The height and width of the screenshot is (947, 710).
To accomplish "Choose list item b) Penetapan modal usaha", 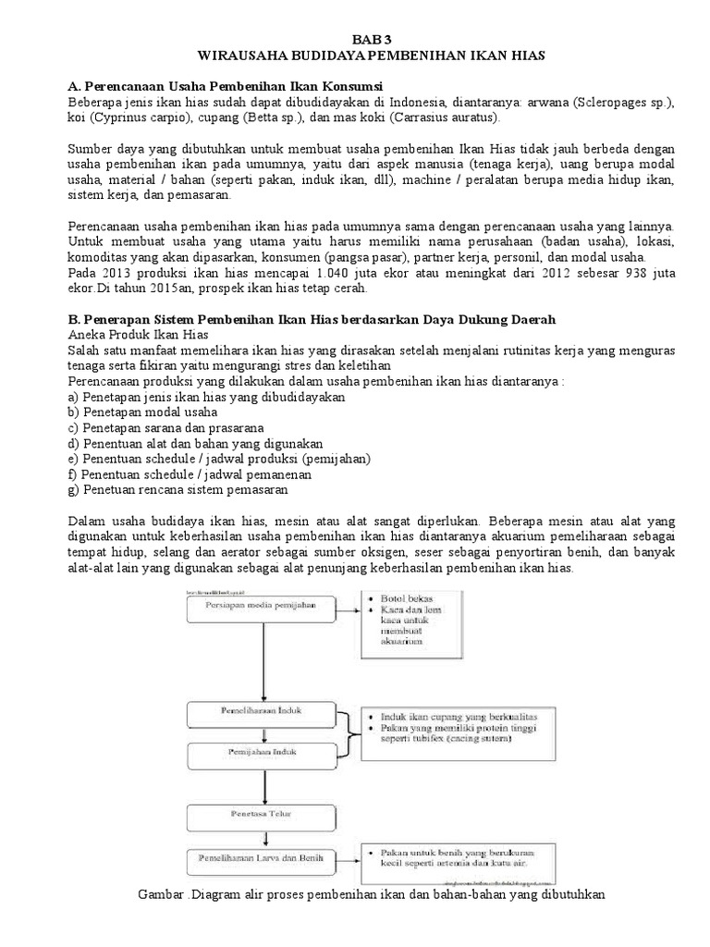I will [142, 412].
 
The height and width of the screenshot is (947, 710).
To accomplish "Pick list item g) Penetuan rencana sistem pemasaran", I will [177, 489].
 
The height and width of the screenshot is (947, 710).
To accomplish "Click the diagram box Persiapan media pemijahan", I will [263, 606].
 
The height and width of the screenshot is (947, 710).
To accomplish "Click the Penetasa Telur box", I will [263, 817].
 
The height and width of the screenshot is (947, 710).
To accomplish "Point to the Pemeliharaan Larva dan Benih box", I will [263, 858].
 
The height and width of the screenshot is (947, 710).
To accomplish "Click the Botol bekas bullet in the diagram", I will [403, 598].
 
